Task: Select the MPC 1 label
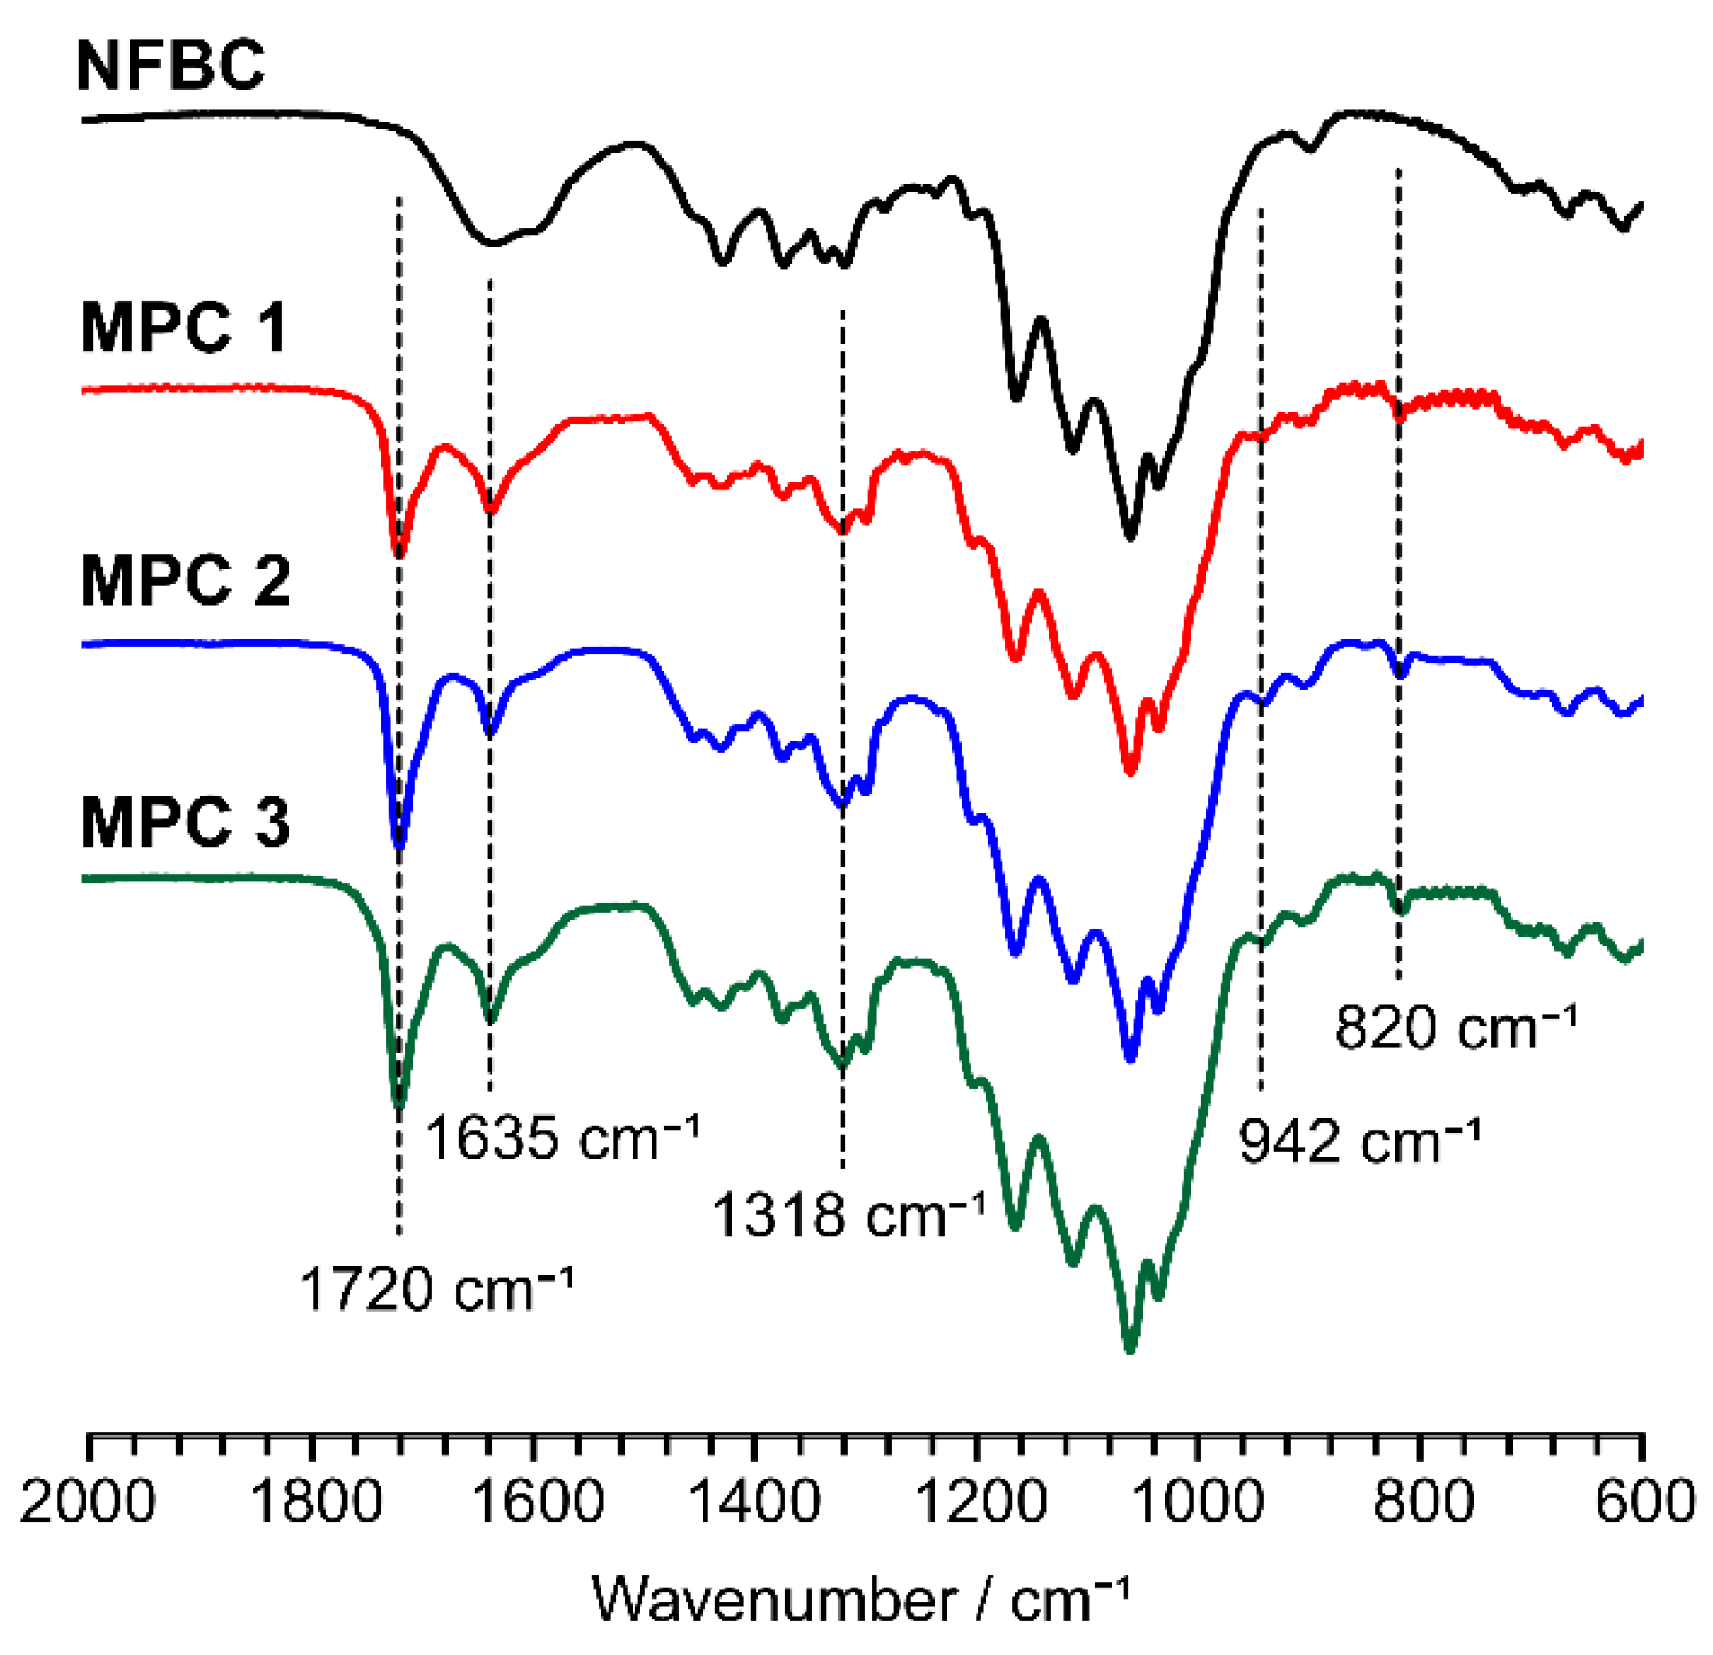pyautogui.click(x=184, y=327)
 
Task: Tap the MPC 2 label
pyautogui.click(x=185, y=581)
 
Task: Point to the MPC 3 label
pyautogui.click(x=185, y=822)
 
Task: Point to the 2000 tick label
pyautogui.click(x=88, y=1502)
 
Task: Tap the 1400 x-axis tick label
pyautogui.click(x=755, y=1502)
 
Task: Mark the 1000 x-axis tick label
pyautogui.click(x=1199, y=1502)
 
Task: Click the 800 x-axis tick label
pyautogui.click(x=1423, y=1502)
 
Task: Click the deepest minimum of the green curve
pyautogui.click(x=1129, y=1350)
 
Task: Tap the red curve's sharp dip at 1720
pyautogui.click(x=399, y=554)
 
